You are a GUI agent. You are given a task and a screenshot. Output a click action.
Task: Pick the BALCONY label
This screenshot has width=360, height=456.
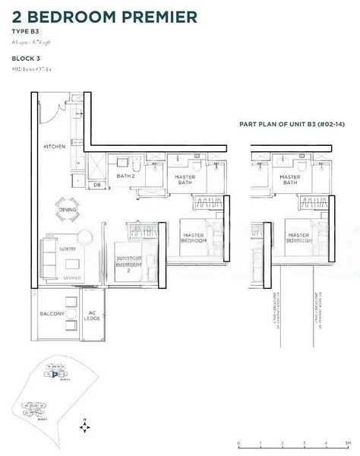coord(53,315)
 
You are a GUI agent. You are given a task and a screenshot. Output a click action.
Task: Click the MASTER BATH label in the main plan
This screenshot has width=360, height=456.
coord(185,180)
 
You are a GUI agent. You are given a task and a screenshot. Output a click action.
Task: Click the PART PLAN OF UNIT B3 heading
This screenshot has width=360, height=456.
coord(288,124)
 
